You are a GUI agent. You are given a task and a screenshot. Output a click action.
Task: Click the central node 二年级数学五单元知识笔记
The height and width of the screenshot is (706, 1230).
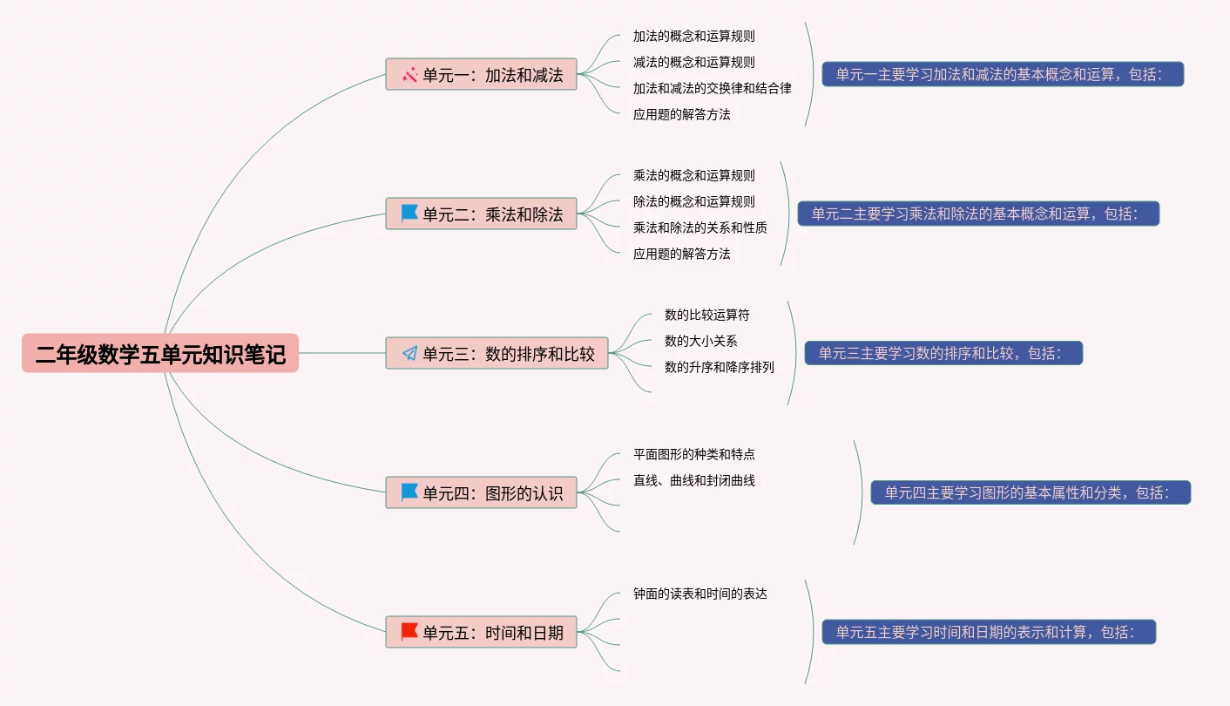(160, 354)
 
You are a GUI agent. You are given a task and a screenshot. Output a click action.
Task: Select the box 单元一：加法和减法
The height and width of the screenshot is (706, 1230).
(482, 75)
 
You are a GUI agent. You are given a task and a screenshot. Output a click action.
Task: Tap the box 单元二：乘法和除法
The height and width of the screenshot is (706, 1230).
(482, 214)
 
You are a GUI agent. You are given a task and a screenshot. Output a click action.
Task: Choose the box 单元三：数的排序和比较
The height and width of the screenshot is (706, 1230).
(497, 353)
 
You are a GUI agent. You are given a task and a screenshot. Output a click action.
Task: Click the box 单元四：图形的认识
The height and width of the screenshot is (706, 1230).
(482, 492)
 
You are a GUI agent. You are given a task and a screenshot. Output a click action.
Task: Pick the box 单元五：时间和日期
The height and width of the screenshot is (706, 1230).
(482, 632)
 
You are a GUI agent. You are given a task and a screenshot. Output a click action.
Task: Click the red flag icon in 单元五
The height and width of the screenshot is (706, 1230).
(409, 631)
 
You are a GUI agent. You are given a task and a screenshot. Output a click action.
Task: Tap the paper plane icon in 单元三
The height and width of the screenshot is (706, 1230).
(409, 353)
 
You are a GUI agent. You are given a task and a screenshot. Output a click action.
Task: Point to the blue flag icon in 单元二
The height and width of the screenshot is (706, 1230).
(409, 213)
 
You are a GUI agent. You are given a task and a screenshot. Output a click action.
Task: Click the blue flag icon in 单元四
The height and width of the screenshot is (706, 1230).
(409, 492)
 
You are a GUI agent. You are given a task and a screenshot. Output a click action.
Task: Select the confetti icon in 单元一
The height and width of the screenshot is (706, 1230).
(409, 75)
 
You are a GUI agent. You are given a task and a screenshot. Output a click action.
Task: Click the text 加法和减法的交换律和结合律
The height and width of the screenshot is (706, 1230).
(712, 88)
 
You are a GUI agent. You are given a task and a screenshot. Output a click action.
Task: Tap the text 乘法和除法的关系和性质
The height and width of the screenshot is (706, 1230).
(699, 227)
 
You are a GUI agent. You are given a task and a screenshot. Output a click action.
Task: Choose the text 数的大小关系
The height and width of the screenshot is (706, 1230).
(700, 341)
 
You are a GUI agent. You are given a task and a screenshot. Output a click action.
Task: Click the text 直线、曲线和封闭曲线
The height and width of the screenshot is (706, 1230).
(693, 480)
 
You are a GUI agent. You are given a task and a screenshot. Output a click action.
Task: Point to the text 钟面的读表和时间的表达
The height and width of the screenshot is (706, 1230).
(699, 594)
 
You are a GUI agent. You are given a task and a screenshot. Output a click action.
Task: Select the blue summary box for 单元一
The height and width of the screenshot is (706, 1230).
(1003, 74)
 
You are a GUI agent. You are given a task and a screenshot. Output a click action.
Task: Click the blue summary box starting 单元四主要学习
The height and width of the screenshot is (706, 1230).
(1031, 492)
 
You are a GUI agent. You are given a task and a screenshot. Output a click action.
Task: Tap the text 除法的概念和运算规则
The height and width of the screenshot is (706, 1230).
(693, 201)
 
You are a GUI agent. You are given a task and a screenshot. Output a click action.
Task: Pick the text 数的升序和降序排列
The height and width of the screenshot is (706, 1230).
(719, 367)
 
